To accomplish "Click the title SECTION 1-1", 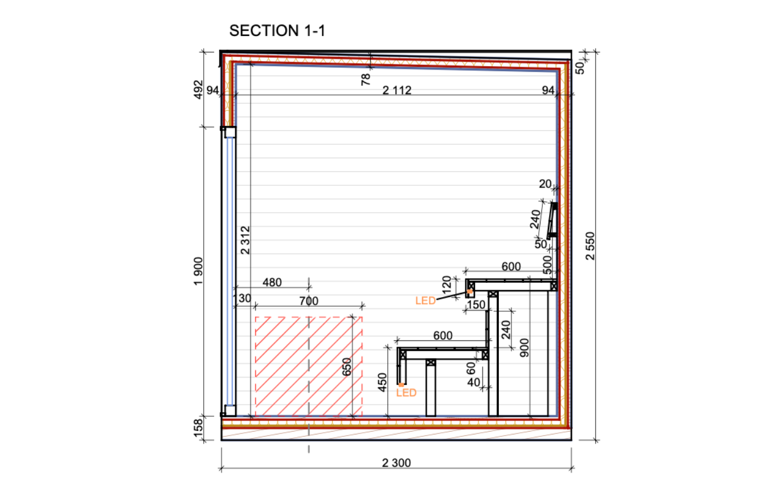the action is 277,31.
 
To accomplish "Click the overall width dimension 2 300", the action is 396,463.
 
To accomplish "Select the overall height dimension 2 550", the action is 590,246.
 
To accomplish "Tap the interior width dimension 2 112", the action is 397,91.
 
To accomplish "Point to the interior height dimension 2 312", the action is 245,240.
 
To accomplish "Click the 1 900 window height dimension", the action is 198,271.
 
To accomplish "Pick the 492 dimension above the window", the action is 198,90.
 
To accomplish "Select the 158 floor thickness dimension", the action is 198,428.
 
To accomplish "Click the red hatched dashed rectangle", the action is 309,367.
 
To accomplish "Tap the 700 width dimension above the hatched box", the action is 309,301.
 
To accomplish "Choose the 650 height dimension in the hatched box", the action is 347,367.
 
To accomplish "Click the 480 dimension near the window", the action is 272,282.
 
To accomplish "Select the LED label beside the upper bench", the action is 425,300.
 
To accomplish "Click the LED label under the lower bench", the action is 406,393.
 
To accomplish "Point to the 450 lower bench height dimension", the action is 382,382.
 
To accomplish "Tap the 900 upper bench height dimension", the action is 525,347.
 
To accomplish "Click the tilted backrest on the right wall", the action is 552,221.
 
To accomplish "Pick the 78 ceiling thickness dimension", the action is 366,80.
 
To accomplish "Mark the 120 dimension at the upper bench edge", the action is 447,284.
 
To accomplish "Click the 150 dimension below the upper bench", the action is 476,304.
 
